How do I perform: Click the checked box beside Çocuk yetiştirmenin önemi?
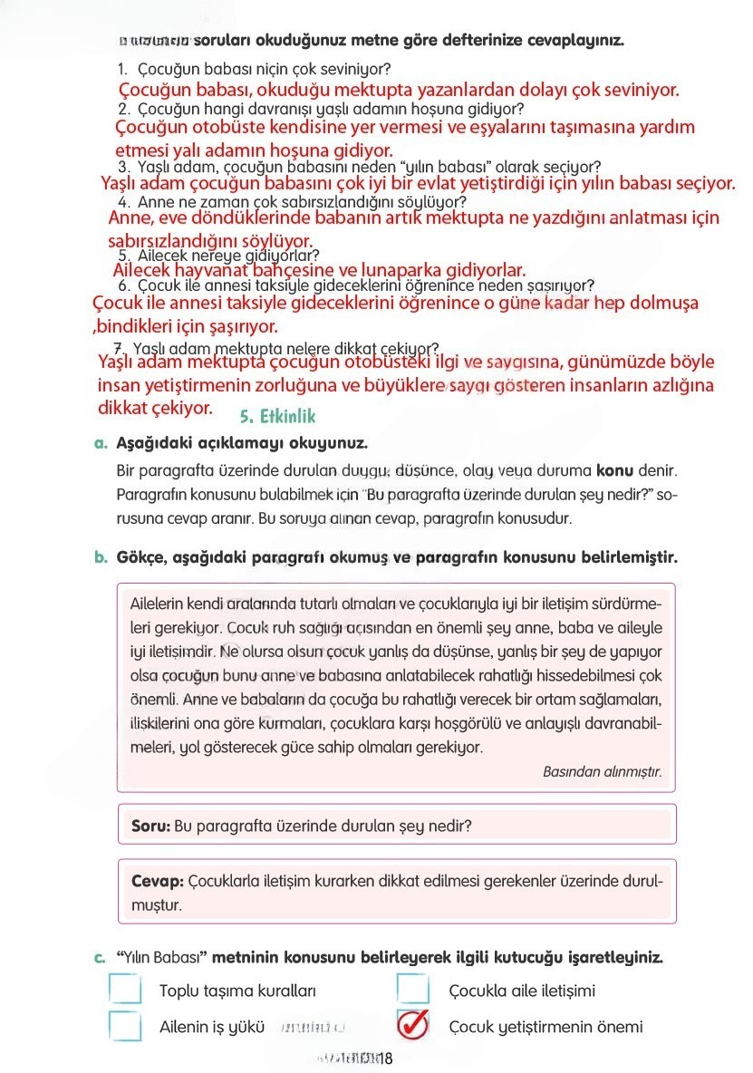point(412,1025)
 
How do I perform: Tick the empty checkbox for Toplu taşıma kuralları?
point(125,990)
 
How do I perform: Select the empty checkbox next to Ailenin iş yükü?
point(125,1026)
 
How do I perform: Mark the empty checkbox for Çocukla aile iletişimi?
point(413,990)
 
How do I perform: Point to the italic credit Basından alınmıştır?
point(602,772)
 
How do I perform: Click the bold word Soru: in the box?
point(150,826)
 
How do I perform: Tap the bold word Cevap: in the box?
point(158,881)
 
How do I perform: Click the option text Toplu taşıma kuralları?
point(237,991)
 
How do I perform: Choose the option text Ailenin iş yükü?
point(211,1027)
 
